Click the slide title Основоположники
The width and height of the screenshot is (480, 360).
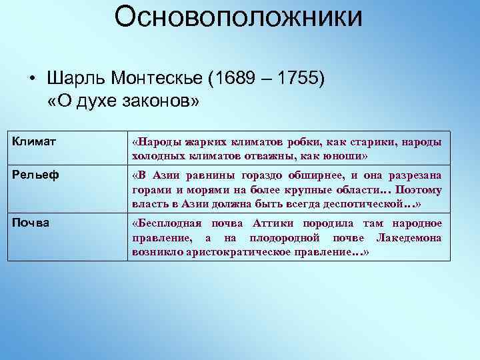[238, 18]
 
